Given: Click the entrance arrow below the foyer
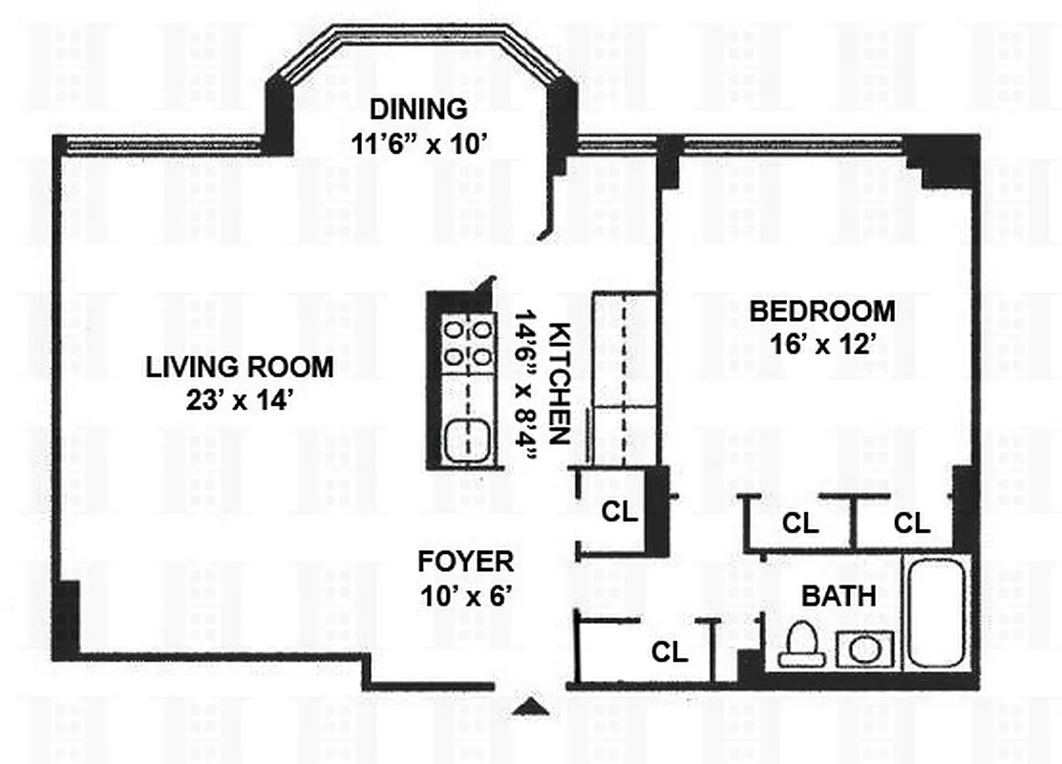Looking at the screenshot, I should [x=531, y=707].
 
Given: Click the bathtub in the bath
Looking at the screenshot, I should [x=938, y=612].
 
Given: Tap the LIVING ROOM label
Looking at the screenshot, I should [x=240, y=366].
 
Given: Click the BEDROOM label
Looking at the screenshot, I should [x=822, y=311].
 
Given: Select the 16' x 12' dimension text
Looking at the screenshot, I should [x=823, y=344].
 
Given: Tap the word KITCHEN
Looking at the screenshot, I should [x=562, y=382].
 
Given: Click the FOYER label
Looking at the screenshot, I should [x=467, y=562].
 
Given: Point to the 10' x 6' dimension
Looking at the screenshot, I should [x=467, y=597].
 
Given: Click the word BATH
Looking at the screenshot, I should [x=839, y=597].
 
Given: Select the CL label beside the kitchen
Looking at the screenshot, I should [x=619, y=513].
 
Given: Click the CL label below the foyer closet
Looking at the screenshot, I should [x=669, y=651].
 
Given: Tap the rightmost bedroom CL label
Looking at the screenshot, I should [x=912, y=523].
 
